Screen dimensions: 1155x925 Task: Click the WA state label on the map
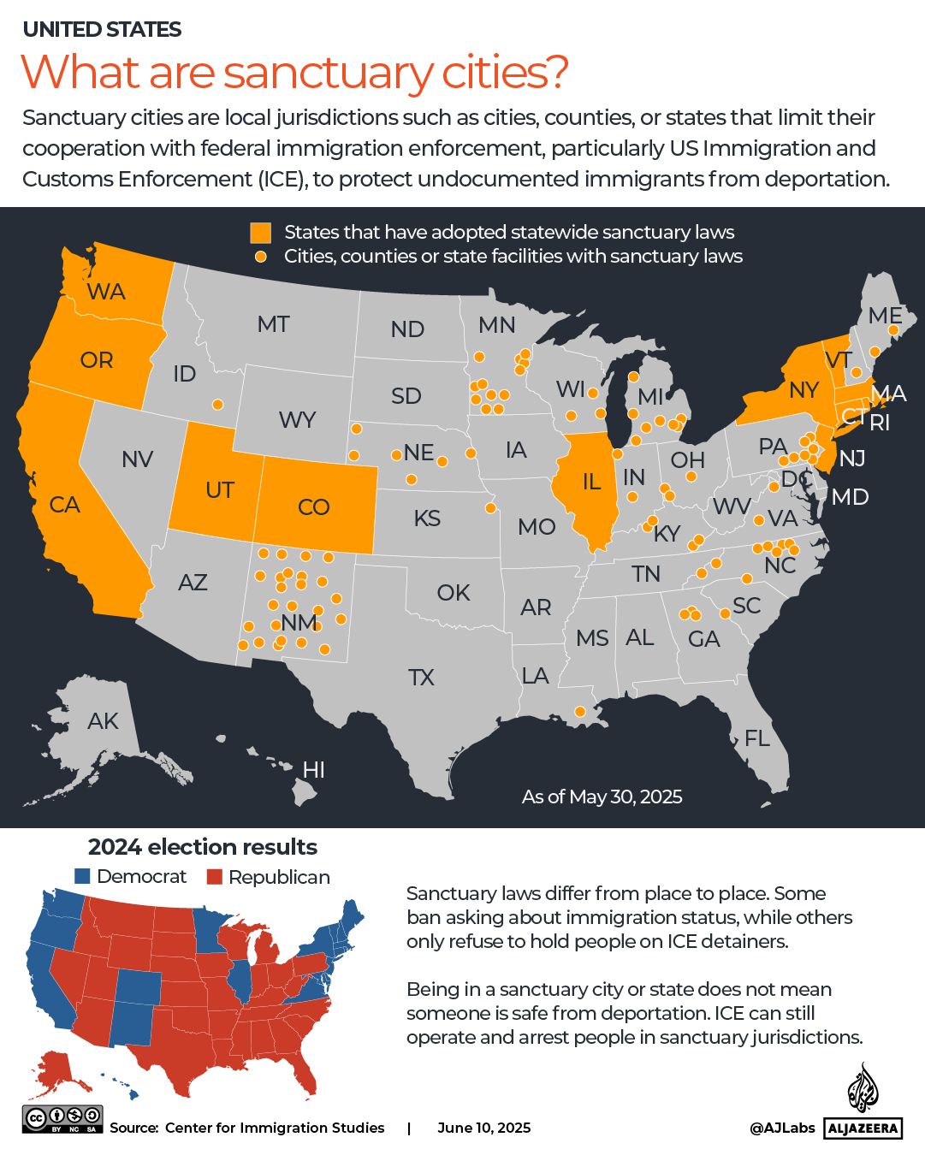[x=106, y=292]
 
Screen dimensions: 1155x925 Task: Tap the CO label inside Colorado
[x=313, y=507]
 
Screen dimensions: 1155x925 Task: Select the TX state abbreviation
[x=421, y=678]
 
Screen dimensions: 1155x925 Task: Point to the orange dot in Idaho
[x=218, y=405]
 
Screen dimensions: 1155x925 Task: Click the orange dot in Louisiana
[x=580, y=712]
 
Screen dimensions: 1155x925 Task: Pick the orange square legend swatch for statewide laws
[x=260, y=233]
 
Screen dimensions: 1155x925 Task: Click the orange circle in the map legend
[x=260, y=257]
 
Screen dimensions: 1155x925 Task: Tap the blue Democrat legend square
[x=82, y=876]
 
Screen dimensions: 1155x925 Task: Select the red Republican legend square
[x=214, y=877]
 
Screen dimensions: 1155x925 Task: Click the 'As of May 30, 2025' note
[x=602, y=797]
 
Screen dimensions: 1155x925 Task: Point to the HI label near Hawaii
[x=313, y=770]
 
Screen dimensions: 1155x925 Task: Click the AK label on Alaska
[x=103, y=721]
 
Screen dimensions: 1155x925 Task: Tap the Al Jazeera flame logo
[x=863, y=1087]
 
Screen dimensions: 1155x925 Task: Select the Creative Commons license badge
[x=62, y=1119]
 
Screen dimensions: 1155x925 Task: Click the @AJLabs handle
[x=782, y=1128]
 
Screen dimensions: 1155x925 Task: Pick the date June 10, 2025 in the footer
[x=483, y=1128]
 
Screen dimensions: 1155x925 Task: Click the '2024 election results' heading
[x=202, y=847]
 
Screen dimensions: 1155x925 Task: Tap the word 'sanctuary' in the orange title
[x=328, y=73]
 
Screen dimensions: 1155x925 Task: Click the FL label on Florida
[x=756, y=737]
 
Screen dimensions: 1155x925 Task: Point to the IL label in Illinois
[x=591, y=482]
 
